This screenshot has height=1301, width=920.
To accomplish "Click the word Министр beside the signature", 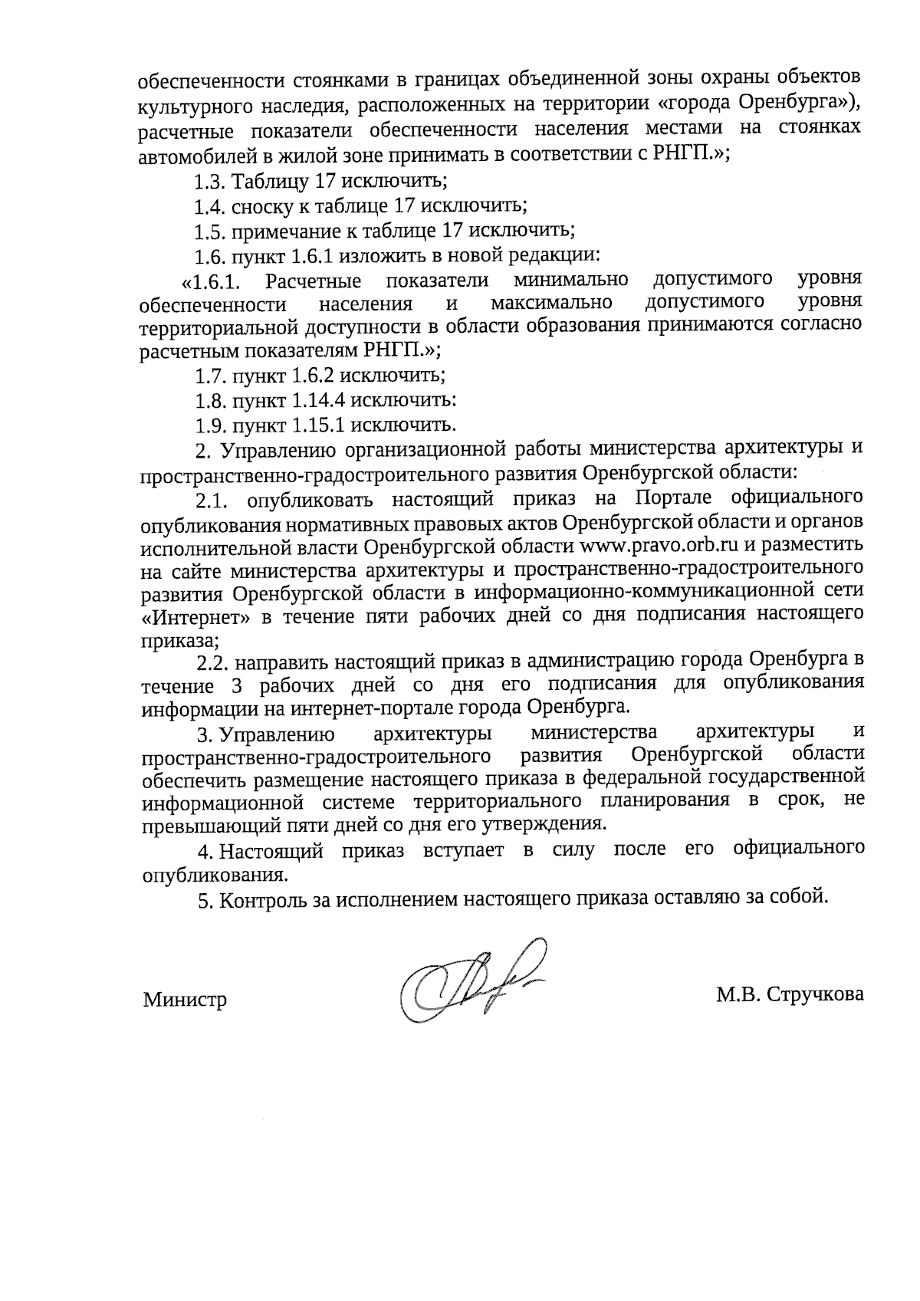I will (185, 1000).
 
